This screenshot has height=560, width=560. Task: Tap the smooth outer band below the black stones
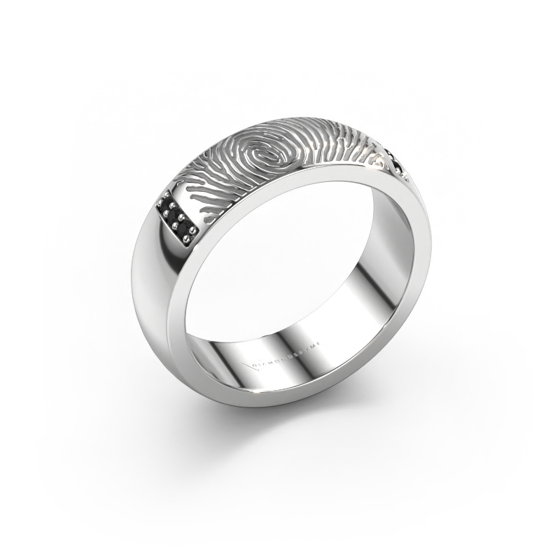157,266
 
